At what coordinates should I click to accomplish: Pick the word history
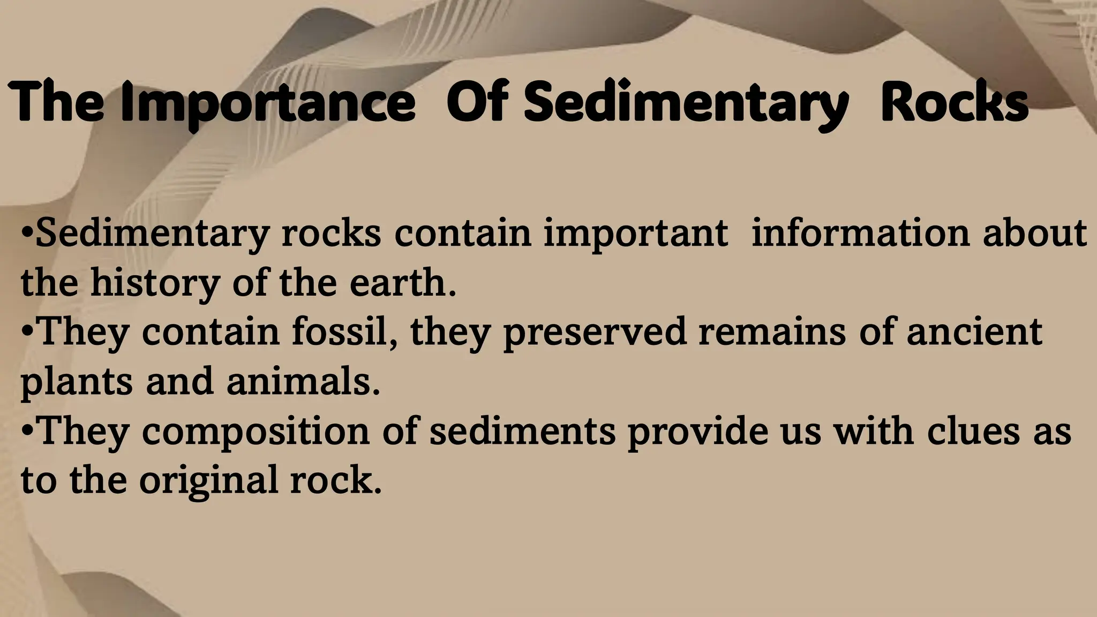[x=155, y=283]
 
